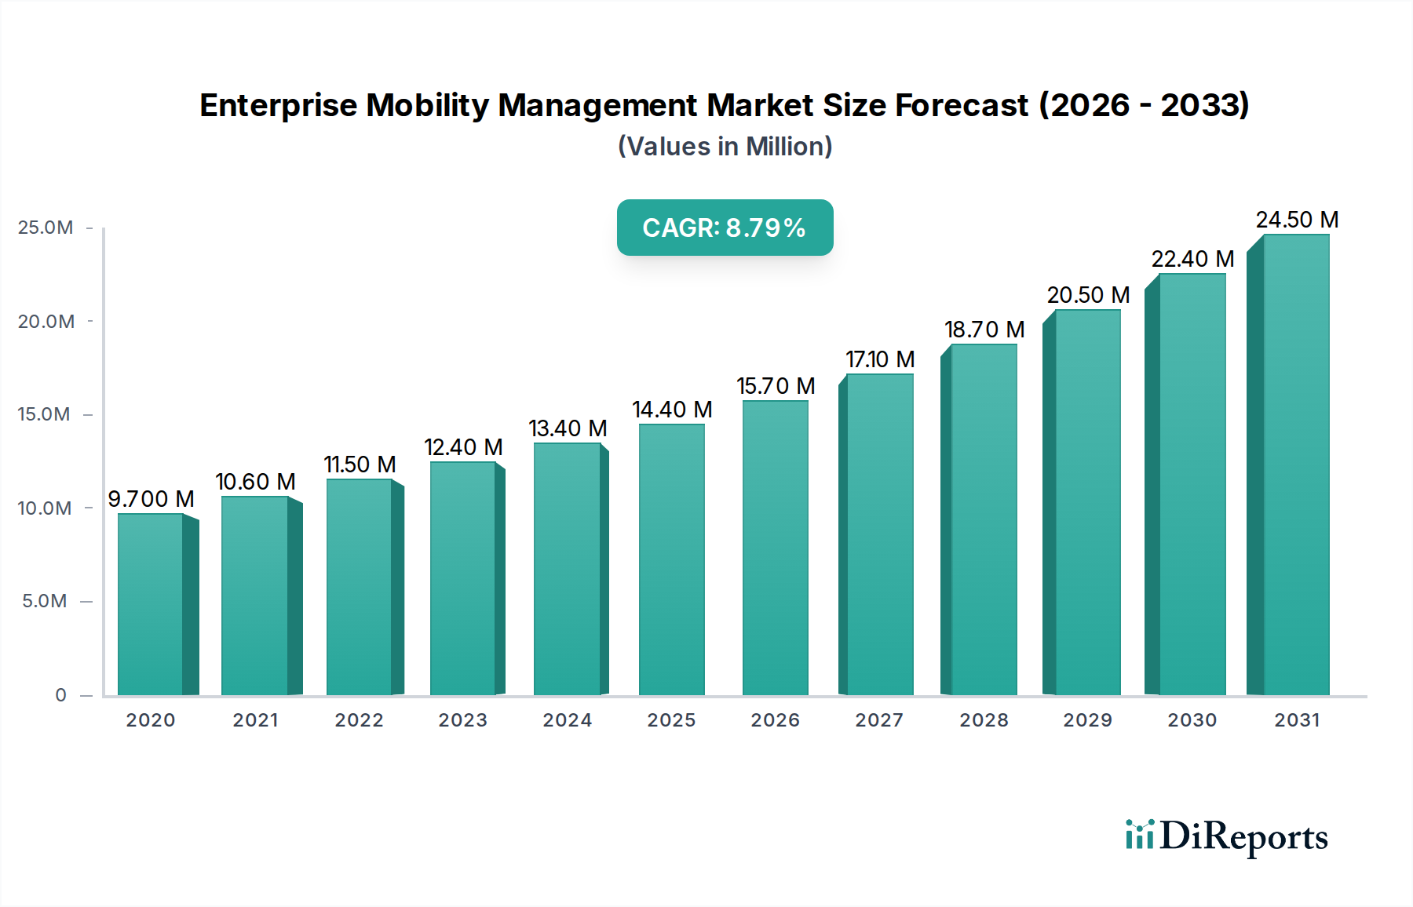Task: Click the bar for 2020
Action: point(151,604)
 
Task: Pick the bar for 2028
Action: point(984,519)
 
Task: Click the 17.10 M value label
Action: point(880,359)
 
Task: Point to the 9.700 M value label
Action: point(151,499)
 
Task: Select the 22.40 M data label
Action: point(1192,259)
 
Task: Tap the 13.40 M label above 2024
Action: point(568,428)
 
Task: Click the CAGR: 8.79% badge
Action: point(725,228)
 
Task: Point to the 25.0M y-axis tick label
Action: point(46,228)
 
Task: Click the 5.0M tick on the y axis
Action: point(45,601)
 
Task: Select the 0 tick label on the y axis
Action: point(60,695)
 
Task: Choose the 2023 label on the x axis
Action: point(462,720)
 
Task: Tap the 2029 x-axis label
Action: point(1087,720)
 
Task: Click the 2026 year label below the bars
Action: point(775,720)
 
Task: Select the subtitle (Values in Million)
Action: point(725,147)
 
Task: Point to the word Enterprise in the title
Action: point(278,105)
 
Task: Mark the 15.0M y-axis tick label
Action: point(44,414)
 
